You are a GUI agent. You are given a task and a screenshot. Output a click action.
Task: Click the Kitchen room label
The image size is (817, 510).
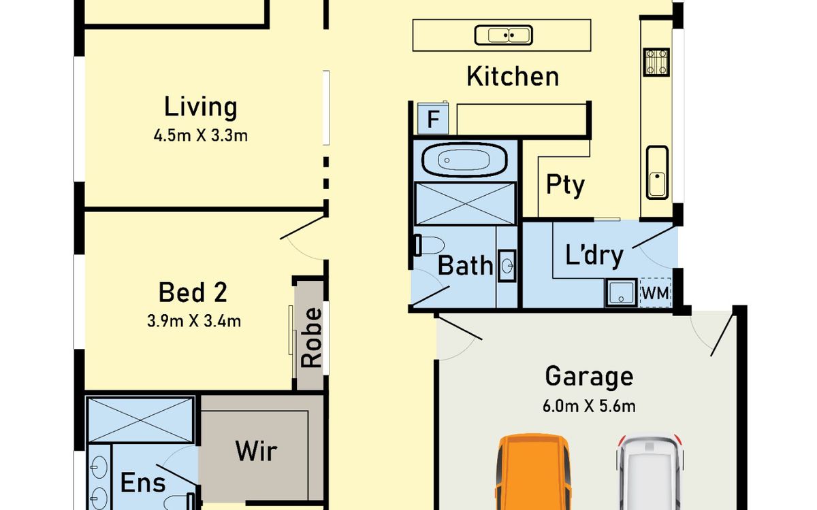point(513,76)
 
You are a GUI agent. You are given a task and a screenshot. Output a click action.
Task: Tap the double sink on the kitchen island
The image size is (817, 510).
point(503,35)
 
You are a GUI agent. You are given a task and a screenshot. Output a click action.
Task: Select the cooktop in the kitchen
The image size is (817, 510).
point(656,62)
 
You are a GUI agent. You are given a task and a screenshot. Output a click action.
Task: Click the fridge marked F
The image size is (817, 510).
point(433,118)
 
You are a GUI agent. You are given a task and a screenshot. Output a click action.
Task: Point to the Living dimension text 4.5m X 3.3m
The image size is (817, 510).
point(201,135)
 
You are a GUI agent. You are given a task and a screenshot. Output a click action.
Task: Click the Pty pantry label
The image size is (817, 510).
point(565,185)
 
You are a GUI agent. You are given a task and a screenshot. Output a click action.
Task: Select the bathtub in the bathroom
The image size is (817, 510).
point(464,160)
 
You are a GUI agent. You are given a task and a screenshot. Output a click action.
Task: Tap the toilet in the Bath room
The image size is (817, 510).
point(430,245)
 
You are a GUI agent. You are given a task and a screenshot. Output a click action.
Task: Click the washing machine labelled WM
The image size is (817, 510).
point(656,293)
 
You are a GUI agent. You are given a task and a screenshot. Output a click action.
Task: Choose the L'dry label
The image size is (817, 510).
point(594,256)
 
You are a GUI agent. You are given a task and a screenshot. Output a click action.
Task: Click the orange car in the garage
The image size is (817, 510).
point(533,472)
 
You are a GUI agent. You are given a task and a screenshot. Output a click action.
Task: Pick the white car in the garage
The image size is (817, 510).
point(650,473)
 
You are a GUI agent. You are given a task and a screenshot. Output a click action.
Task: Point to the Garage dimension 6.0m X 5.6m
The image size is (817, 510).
point(589,406)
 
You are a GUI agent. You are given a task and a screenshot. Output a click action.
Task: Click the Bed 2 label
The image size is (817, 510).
point(193,292)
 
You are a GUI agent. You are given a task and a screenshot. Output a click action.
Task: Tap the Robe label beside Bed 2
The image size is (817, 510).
point(311,338)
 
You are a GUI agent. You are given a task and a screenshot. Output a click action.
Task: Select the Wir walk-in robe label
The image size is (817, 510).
point(257,451)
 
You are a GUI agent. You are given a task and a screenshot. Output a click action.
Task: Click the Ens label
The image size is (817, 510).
point(143,483)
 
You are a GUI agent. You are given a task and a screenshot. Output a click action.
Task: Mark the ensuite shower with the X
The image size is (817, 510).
point(140,420)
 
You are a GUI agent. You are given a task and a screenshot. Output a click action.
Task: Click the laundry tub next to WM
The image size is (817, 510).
point(621,292)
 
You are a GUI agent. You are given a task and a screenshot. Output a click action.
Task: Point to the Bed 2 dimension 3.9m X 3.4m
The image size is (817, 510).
point(194,321)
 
